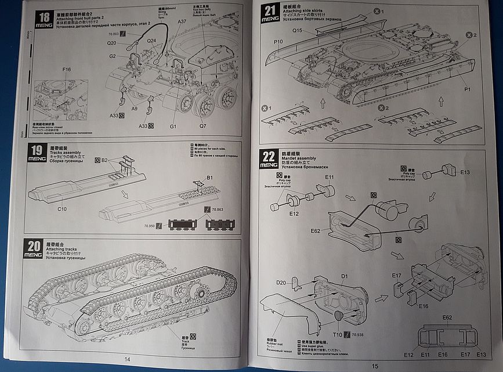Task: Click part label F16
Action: pyautogui.click(x=67, y=70)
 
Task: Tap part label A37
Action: pyautogui.click(x=182, y=21)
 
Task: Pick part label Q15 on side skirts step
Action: pyautogui.click(x=297, y=30)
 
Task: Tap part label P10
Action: pyautogui.click(x=278, y=42)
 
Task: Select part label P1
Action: pyautogui.click(x=467, y=88)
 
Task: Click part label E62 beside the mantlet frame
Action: pyautogui.click(x=315, y=231)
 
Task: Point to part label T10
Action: pyautogui.click(x=337, y=334)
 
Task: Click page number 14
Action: pyautogui.click(x=126, y=359)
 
